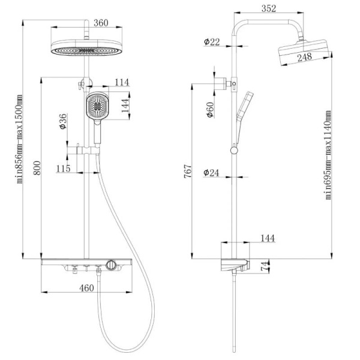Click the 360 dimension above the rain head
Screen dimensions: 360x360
click(x=101, y=23)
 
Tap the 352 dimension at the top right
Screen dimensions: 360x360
click(x=269, y=8)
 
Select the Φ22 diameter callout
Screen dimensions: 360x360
click(x=212, y=42)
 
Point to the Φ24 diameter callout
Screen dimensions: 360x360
click(x=211, y=173)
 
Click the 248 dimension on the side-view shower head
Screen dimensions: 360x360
click(x=305, y=57)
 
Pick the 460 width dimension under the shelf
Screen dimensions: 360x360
click(x=86, y=287)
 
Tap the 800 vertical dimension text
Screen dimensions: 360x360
click(x=37, y=168)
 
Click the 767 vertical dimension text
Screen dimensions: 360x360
click(x=188, y=171)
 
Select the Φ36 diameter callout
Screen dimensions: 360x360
click(x=63, y=121)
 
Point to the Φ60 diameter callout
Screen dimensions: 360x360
click(x=210, y=110)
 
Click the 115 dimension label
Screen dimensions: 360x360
click(x=63, y=168)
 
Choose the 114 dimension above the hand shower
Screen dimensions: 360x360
click(x=122, y=82)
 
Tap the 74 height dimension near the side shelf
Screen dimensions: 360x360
click(x=265, y=266)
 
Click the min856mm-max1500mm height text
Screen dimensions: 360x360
click(x=19, y=139)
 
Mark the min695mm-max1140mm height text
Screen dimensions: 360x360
click(x=328, y=155)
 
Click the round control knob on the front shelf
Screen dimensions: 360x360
click(x=111, y=265)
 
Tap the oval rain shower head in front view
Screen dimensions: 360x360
click(x=86, y=47)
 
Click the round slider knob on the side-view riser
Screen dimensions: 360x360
click(x=234, y=151)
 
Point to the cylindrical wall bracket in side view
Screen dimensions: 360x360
click(x=220, y=84)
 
